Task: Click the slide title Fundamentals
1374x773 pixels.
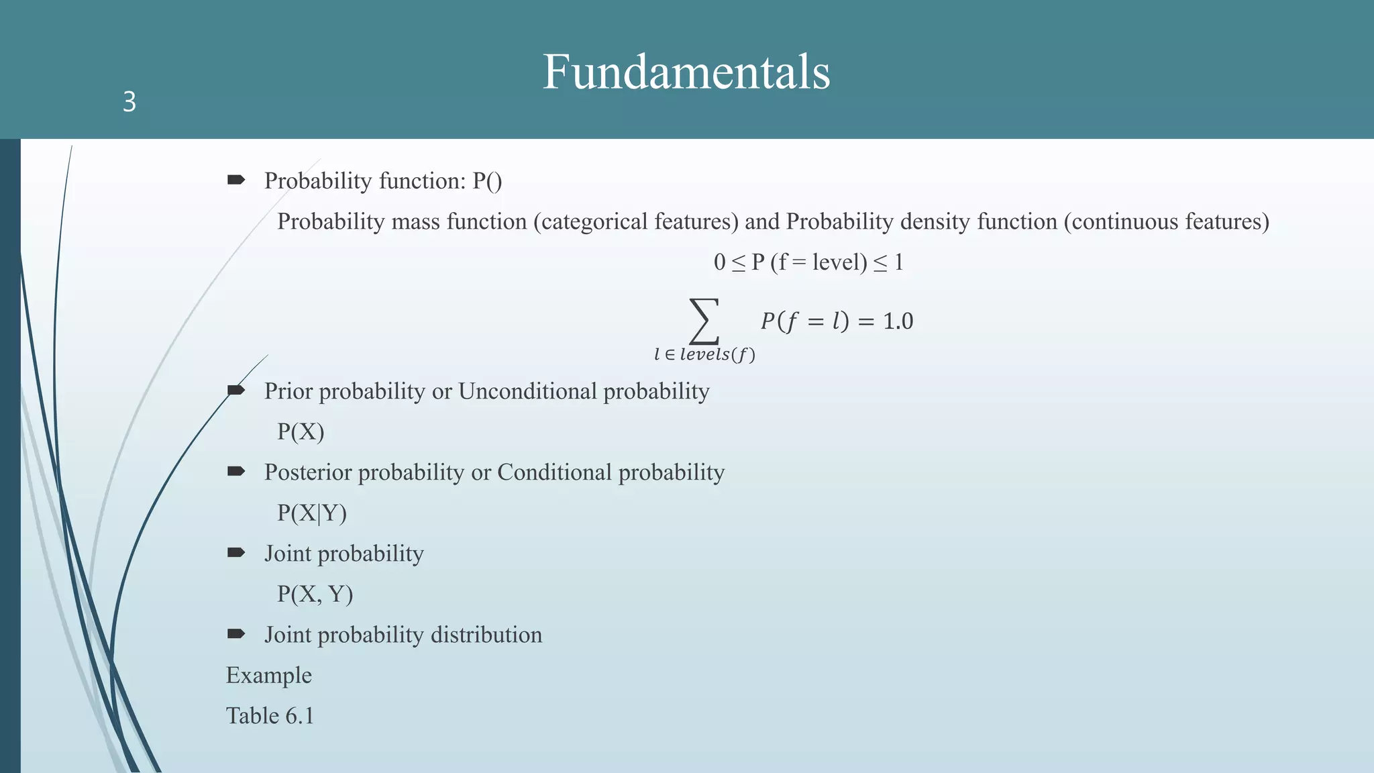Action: pyautogui.click(x=686, y=72)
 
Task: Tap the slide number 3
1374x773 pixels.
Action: pyautogui.click(x=129, y=102)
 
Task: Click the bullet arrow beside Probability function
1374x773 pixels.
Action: pyautogui.click(x=236, y=180)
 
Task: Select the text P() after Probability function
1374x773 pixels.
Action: pyautogui.click(x=487, y=181)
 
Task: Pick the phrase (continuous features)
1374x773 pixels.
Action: pyautogui.click(x=1166, y=221)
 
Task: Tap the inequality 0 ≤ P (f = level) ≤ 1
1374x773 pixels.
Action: pyautogui.click(x=808, y=262)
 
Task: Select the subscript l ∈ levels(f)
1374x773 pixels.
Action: pyautogui.click(x=704, y=355)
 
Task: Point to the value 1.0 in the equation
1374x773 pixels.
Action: pyautogui.click(x=898, y=321)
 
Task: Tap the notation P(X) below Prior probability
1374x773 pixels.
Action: pyautogui.click(x=301, y=431)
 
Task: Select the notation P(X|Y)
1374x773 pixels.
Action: pyautogui.click(x=312, y=513)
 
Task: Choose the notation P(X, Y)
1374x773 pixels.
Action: pyautogui.click(x=315, y=595)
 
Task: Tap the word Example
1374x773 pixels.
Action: pyautogui.click(x=268, y=675)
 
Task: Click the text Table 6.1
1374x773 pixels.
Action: pyautogui.click(x=270, y=716)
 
